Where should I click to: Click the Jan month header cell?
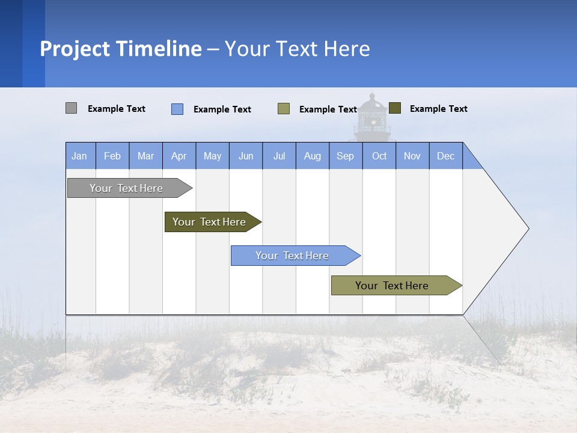(80, 156)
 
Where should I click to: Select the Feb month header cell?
(112, 156)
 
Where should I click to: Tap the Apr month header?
(179, 156)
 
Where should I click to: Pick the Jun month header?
(246, 156)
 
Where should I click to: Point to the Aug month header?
(313, 156)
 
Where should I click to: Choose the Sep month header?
(346, 156)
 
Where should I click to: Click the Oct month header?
(379, 156)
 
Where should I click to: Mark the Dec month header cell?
(446, 156)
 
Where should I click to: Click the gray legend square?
(71, 108)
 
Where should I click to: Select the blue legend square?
(177, 109)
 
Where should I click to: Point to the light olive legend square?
(284, 108)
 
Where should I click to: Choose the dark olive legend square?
(395, 108)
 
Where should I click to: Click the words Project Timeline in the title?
(121, 49)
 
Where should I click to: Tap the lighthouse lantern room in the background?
(373, 118)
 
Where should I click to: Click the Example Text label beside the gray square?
(117, 109)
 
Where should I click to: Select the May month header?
(212, 156)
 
